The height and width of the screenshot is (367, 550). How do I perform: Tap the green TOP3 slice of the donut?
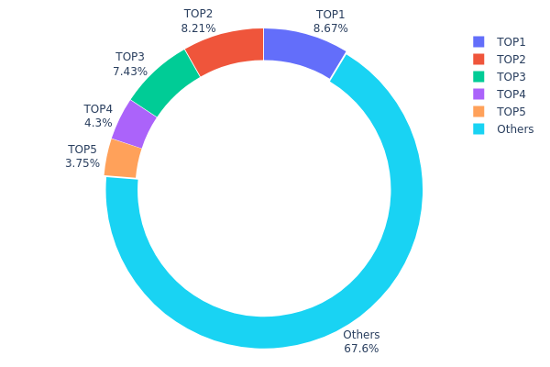[x=165, y=82]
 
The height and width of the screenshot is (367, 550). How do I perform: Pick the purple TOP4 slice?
[x=134, y=124]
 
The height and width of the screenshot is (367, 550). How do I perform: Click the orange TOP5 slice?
[x=122, y=159]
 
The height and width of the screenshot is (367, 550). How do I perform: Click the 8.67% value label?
[x=330, y=28]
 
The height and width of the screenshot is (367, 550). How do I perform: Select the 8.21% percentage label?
[x=198, y=28]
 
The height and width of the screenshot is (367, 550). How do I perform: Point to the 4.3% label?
[x=98, y=123]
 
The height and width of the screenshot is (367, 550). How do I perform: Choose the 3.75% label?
[x=82, y=163]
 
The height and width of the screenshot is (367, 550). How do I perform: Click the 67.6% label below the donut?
[x=361, y=349]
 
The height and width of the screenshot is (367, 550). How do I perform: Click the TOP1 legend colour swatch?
[x=478, y=42]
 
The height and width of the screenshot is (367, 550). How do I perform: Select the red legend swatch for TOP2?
[x=478, y=60]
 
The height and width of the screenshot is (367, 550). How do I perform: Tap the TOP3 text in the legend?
[x=511, y=77]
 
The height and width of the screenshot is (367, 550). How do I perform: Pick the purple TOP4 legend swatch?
[x=478, y=95]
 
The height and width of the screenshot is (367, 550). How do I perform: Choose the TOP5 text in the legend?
[x=511, y=112]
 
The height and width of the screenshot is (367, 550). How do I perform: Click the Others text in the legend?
[x=514, y=129]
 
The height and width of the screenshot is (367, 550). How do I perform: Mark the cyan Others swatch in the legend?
[x=478, y=129]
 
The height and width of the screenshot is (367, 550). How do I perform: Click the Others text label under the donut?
[x=361, y=335]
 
